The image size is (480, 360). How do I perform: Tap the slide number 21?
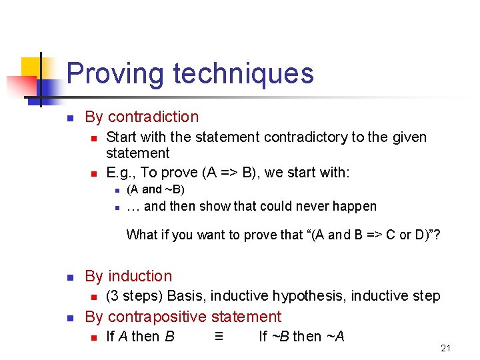point(446,348)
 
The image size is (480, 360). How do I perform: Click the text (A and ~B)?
point(155,189)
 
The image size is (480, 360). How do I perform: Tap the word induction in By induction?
point(140,276)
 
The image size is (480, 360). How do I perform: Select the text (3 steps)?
point(135,296)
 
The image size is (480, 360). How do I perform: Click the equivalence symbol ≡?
point(219,336)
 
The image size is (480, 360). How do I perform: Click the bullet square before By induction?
point(69,277)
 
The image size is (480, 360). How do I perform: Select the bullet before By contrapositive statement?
point(69,318)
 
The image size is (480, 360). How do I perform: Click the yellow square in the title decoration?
point(31,67)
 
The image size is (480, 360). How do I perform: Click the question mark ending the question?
point(437,235)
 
